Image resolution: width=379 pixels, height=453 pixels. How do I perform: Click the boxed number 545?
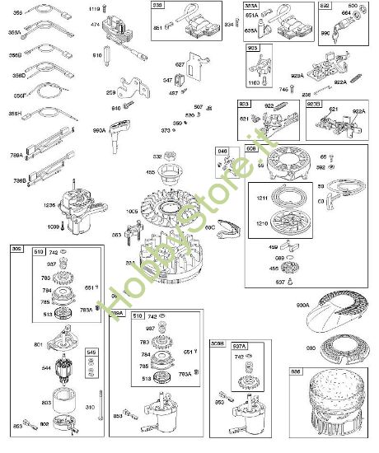(x=91, y=353)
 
